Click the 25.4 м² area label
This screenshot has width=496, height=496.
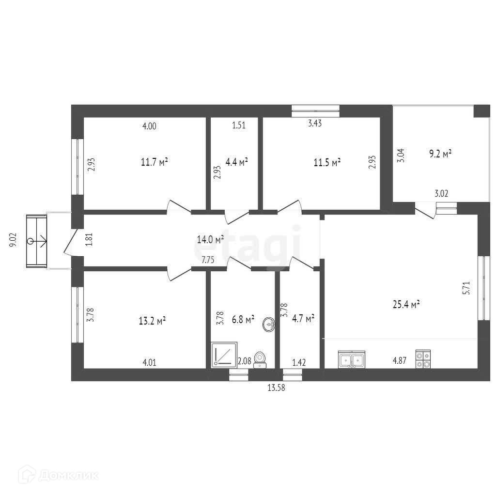tap(406, 304)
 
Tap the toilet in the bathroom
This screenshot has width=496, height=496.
tap(260, 360)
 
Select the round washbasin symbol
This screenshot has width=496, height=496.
tap(269, 325)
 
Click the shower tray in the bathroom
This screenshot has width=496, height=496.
tap(224, 354)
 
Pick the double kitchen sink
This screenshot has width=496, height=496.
tap(352, 359)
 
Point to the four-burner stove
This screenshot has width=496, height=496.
tap(423, 359)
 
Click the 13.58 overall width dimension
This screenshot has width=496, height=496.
tap(276, 387)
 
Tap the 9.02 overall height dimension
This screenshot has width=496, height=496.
tap(14, 240)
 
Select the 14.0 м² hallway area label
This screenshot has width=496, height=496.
tap(210, 239)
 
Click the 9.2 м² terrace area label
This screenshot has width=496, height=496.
tap(440, 154)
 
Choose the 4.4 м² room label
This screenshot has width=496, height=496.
tap(236, 162)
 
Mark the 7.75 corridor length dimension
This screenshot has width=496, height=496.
tap(208, 260)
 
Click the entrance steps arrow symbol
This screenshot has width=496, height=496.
tap(37, 241)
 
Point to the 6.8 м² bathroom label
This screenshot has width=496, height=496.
tap(243, 320)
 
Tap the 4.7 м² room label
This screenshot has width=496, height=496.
tap(303, 318)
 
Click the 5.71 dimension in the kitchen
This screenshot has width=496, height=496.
tap(466, 288)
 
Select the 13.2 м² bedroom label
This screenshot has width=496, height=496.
tap(153, 321)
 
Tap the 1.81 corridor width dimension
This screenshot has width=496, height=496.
tap(90, 239)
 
